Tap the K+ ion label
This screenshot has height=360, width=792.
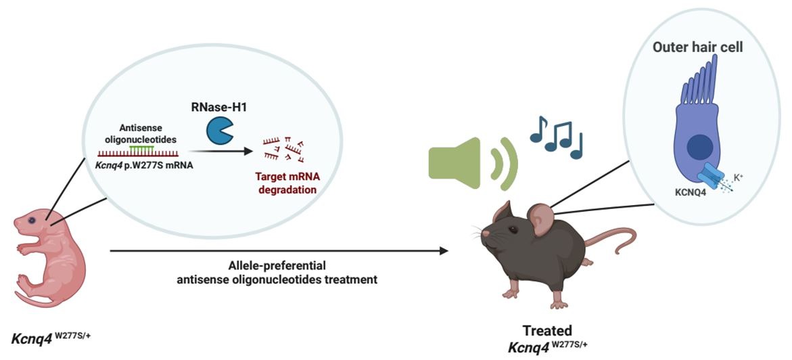click(x=739, y=177)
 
